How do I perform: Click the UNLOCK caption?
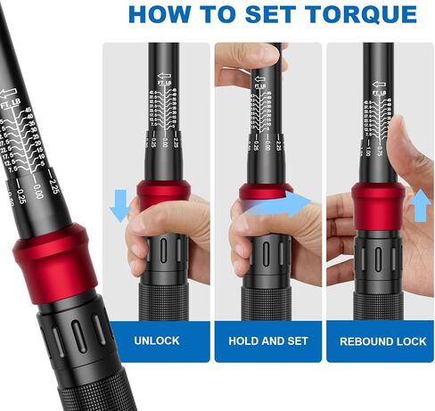157,341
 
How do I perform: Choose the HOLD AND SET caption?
267,341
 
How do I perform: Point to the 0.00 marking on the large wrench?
37,190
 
